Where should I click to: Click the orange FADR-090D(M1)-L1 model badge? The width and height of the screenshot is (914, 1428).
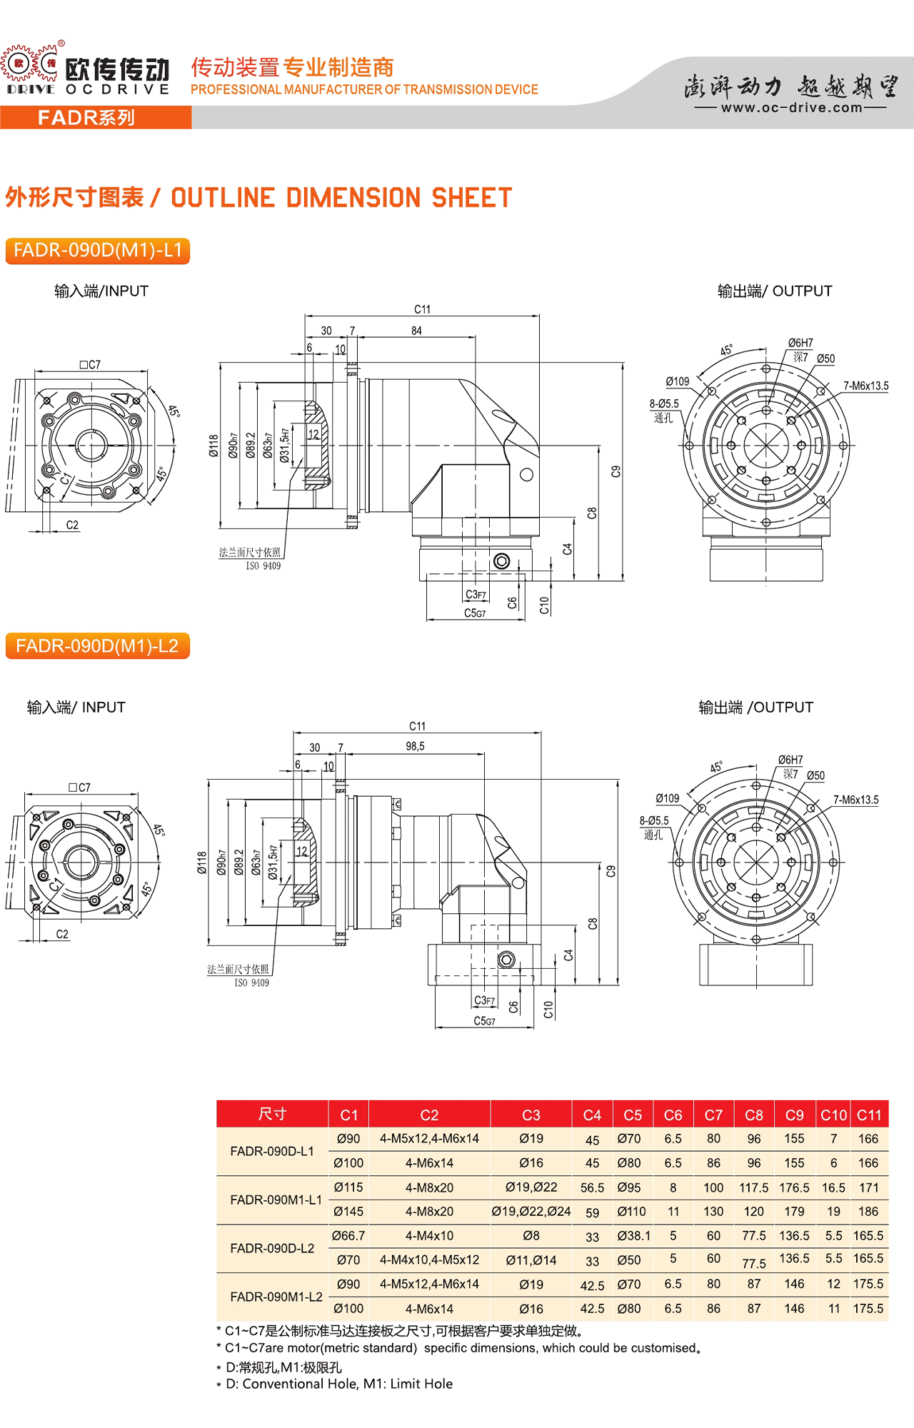pyautogui.click(x=98, y=251)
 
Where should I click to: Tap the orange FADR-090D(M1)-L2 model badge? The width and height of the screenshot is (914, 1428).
pyautogui.click(x=97, y=646)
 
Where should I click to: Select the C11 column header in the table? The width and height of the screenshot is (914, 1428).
pyautogui.click(x=868, y=1115)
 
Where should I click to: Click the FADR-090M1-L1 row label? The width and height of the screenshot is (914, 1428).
pyautogui.click(x=276, y=1200)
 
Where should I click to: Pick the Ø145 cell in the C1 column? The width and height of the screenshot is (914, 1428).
pyautogui.click(x=348, y=1212)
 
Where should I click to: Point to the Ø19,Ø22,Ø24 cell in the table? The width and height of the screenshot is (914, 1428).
pyautogui.click(x=531, y=1212)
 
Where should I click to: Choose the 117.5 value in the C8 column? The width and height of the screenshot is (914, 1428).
pyautogui.click(x=753, y=1187)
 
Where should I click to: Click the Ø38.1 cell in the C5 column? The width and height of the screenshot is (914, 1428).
pyautogui.click(x=633, y=1236)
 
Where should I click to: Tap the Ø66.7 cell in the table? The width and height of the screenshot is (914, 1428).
pyautogui.click(x=348, y=1236)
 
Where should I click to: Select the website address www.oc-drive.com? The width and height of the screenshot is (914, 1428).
pyautogui.click(x=791, y=108)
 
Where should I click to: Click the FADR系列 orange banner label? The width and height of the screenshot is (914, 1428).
pyautogui.click(x=86, y=118)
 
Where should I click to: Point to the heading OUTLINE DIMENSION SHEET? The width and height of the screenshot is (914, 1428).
pyautogui.click(x=341, y=198)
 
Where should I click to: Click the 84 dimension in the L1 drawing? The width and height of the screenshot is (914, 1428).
pyautogui.click(x=416, y=331)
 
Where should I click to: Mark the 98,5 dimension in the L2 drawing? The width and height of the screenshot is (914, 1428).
pyautogui.click(x=415, y=746)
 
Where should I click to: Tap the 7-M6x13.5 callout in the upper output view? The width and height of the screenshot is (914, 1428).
pyautogui.click(x=865, y=386)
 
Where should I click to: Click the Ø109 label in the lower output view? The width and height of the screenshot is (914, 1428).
pyautogui.click(x=667, y=798)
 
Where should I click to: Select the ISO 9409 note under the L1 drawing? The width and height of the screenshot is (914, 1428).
pyautogui.click(x=263, y=566)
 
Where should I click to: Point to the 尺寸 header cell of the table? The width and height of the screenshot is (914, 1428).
pyautogui.click(x=272, y=1114)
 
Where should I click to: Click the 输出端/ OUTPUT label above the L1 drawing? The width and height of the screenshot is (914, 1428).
pyautogui.click(x=774, y=291)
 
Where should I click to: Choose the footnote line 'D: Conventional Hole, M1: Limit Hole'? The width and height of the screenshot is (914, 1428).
pyautogui.click(x=338, y=1384)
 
